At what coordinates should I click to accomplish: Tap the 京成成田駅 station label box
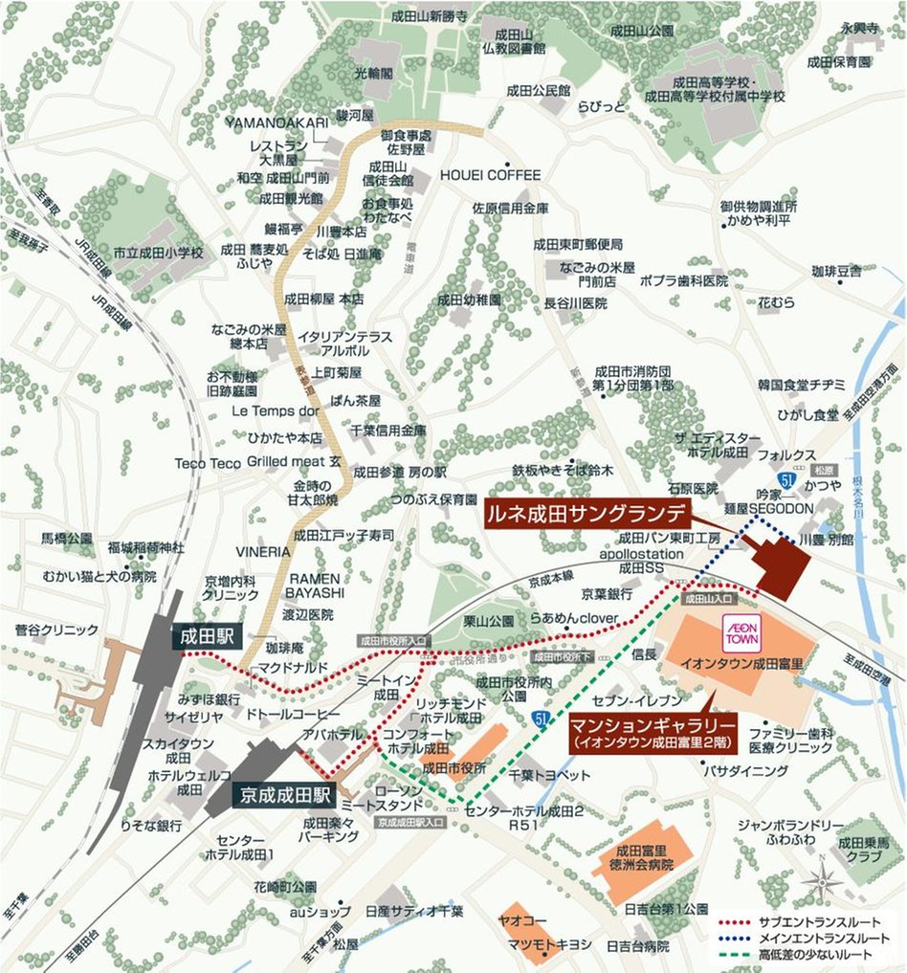(x=284, y=794)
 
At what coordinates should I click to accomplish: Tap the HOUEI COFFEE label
(x=491, y=175)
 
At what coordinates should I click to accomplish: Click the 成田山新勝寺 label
(x=430, y=16)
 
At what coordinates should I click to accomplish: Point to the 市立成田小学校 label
(x=159, y=254)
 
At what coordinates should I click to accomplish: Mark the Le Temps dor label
(x=275, y=411)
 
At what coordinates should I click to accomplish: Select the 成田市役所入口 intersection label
(x=394, y=640)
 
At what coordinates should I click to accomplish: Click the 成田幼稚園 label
(x=469, y=299)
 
